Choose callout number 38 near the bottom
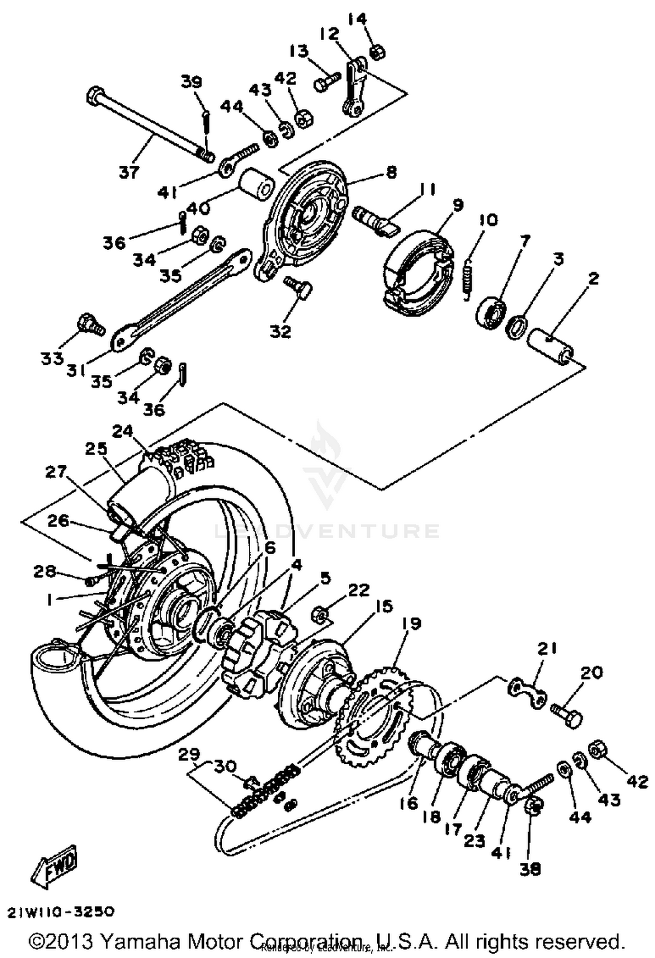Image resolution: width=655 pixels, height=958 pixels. point(530,869)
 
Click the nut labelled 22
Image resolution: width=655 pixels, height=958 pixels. point(321,615)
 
